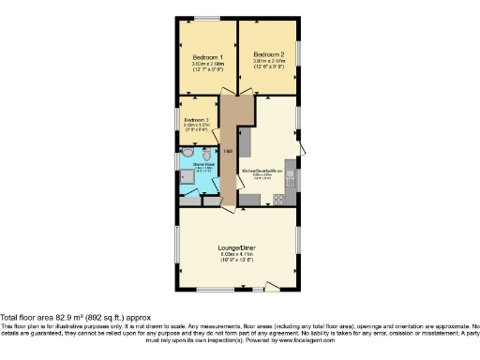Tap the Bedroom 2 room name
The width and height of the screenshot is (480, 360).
tap(268, 54)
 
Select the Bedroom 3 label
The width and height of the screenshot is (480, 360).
tap(196, 120)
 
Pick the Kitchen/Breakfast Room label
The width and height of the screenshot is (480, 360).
tap(262, 171)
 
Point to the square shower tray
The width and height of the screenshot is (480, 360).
tap(187, 183)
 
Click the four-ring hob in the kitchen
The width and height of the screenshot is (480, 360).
tap(277, 199)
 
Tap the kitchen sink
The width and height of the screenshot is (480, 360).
tap(291, 179)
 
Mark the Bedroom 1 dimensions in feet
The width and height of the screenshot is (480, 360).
tap(207, 69)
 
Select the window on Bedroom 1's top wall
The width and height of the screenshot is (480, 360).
tap(207, 18)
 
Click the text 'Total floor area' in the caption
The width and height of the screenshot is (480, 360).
tap(29, 317)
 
